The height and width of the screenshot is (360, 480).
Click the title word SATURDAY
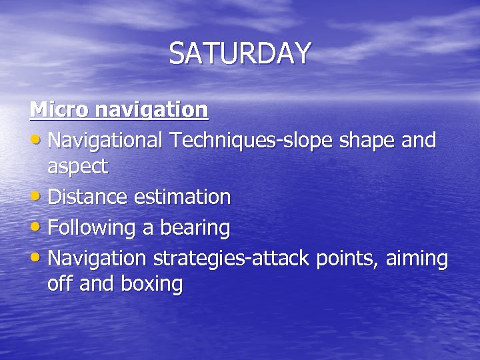click(x=240, y=53)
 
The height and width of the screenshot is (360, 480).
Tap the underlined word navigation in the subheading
click(x=150, y=110)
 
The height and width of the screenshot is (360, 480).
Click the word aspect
click(x=77, y=168)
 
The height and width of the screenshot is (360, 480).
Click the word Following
click(x=93, y=228)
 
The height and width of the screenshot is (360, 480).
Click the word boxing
click(x=151, y=285)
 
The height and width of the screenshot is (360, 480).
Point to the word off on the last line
click(x=60, y=284)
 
